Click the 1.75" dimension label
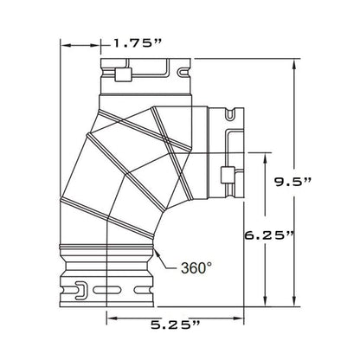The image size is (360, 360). (x=138, y=43)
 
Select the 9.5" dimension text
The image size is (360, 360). (x=292, y=182)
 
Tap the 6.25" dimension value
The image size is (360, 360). (x=269, y=235)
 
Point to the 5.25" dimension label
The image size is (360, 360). (x=175, y=325)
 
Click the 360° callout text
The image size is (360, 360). (x=196, y=268)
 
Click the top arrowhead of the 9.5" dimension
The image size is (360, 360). (x=294, y=64)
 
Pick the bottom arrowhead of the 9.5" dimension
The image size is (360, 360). (x=294, y=301)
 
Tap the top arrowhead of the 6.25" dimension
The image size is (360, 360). (x=265, y=158)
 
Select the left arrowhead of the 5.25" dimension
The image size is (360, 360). (x=112, y=318)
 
